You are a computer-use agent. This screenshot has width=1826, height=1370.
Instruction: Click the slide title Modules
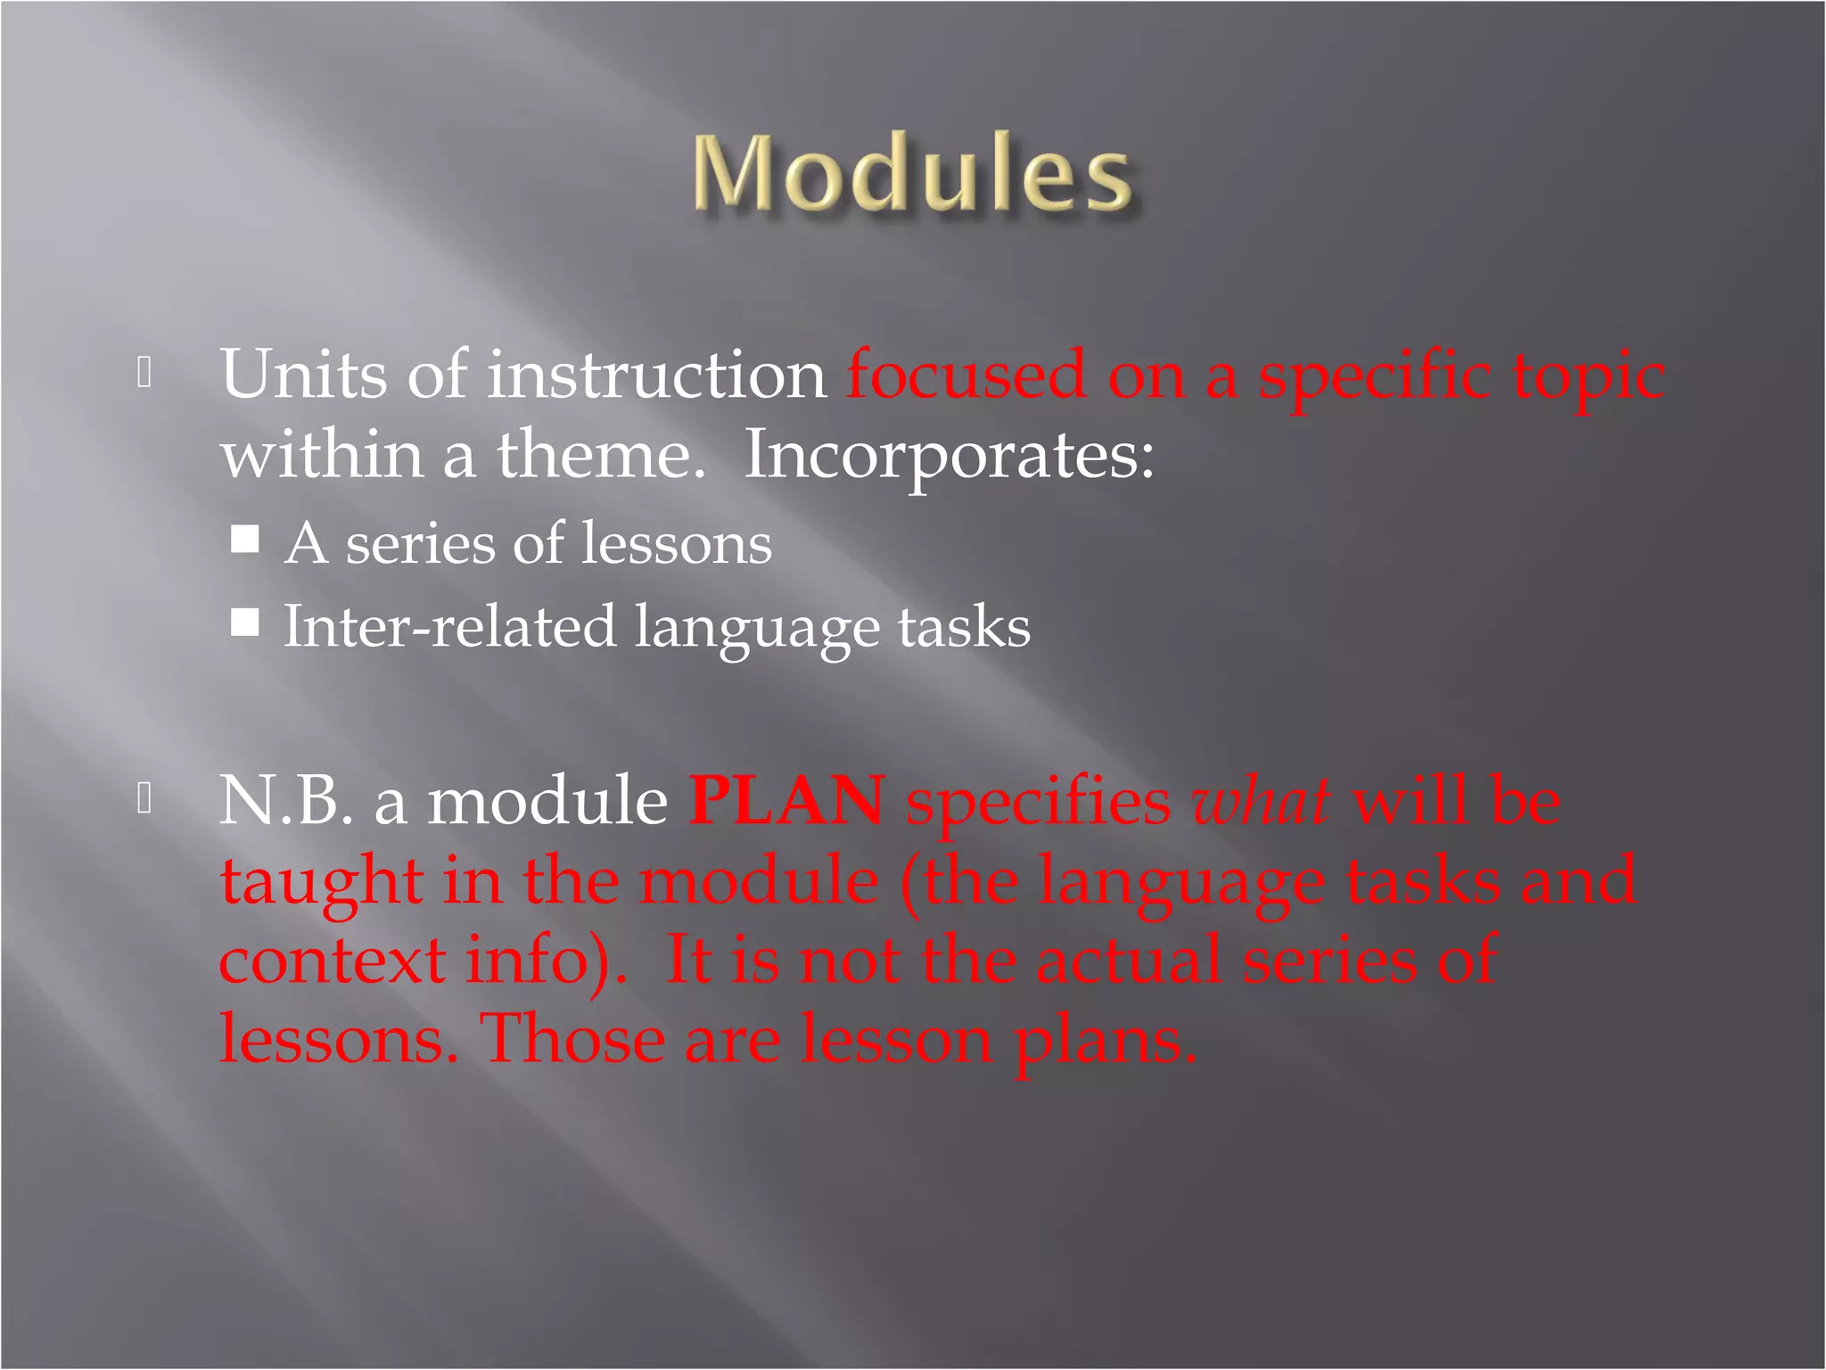913,174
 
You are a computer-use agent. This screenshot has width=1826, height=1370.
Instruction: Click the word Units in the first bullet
303,375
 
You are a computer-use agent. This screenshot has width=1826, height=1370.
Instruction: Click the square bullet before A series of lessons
245,539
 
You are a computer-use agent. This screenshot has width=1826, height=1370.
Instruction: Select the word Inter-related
449,626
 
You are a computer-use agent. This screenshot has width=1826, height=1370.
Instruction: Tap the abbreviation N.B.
285,800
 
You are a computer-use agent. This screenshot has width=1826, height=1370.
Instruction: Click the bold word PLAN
786,800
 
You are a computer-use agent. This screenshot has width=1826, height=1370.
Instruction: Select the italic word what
1261,800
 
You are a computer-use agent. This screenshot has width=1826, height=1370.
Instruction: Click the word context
332,961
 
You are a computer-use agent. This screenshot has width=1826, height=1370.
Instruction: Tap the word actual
1128,961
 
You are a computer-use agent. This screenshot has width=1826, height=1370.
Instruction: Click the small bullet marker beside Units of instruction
145,373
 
